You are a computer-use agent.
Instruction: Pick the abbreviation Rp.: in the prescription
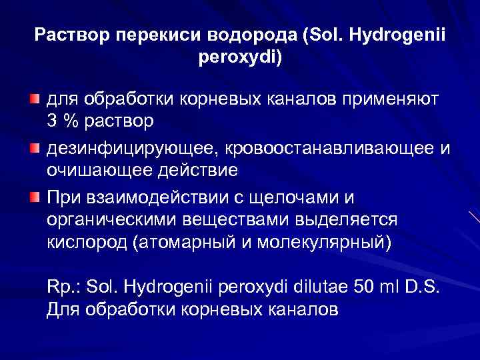(x=64, y=287)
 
